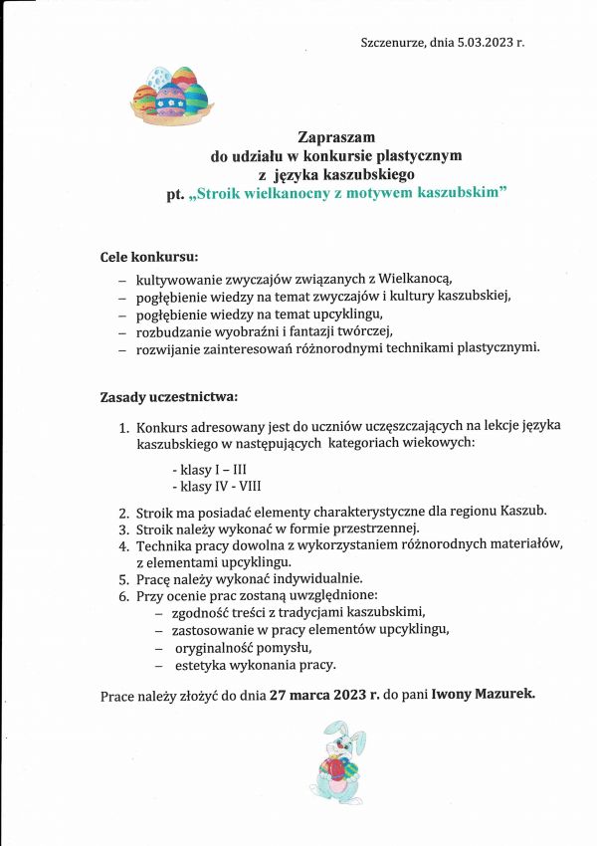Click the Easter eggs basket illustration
[171, 97]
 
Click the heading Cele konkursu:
[149, 257]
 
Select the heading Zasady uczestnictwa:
[169, 397]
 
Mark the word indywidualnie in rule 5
[312, 578]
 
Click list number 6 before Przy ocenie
[124, 595]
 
